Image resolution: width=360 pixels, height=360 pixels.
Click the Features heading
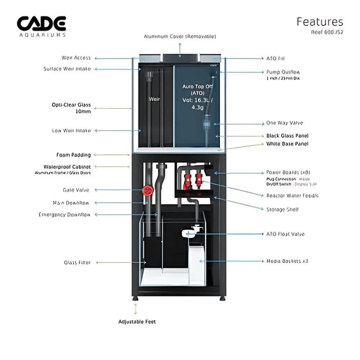point(319,22)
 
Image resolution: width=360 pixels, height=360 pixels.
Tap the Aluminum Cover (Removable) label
point(180,36)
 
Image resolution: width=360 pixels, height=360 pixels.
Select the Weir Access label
point(76,58)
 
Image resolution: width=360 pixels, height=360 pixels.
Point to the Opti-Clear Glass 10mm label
point(72,108)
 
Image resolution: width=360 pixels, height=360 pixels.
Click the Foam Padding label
point(73,155)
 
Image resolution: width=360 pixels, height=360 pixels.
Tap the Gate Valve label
point(76,190)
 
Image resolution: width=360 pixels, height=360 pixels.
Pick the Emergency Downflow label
point(65,215)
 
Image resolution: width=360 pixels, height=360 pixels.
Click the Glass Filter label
point(77,262)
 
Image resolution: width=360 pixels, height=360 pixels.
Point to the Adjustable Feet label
point(137,322)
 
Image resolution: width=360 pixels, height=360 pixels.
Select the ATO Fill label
point(275,58)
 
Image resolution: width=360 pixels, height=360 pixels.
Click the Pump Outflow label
point(283,72)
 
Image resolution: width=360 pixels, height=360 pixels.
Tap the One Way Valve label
point(284,123)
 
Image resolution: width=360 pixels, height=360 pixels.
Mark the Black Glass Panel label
point(287,135)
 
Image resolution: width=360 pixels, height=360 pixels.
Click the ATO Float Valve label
point(285,234)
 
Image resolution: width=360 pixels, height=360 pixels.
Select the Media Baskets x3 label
point(287,261)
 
